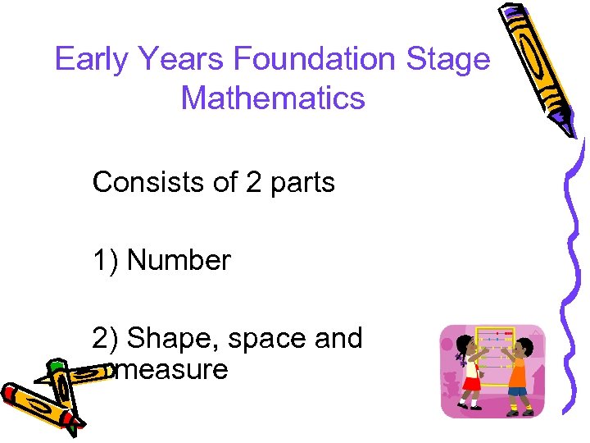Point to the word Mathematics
click(x=272, y=98)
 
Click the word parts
click(x=304, y=182)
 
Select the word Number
click(x=179, y=261)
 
